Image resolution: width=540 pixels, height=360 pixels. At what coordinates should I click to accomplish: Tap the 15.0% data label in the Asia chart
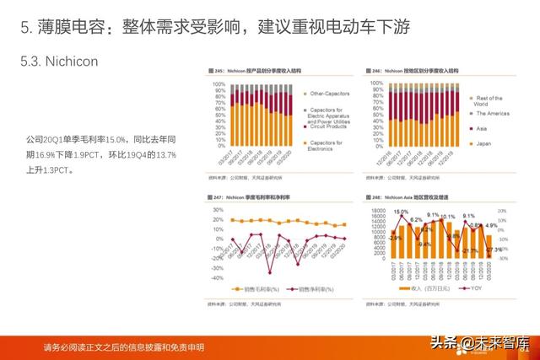point(400,212)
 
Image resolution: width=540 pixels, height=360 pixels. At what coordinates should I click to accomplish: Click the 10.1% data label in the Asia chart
point(447,217)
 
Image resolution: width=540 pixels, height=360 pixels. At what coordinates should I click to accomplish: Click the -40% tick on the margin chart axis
point(217,277)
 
